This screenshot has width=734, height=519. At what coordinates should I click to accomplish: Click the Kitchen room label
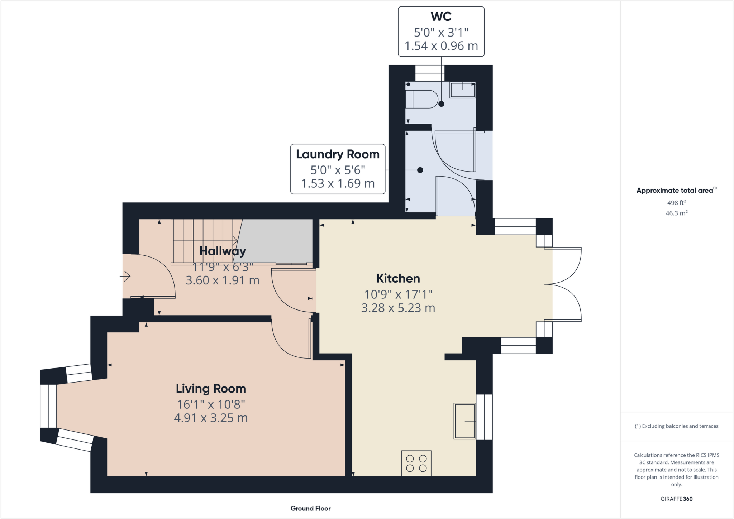[398, 278]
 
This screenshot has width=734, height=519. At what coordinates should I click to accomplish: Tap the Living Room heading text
[211, 389]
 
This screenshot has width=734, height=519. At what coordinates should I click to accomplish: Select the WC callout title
[441, 16]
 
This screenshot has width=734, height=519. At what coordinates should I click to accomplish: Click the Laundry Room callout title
[338, 154]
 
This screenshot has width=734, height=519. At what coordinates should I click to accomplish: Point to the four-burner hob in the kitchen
[416, 463]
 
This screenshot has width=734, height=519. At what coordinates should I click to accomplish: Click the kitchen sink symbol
[464, 421]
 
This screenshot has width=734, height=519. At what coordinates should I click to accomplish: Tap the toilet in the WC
[421, 99]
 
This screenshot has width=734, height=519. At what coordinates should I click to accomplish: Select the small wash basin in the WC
[462, 90]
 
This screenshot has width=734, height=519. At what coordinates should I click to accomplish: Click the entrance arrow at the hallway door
[125, 276]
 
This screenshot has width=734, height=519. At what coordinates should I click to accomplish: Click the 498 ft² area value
[676, 202]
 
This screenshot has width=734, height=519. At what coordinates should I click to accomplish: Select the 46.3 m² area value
[676, 213]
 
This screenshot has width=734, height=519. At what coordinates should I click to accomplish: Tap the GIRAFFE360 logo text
[676, 499]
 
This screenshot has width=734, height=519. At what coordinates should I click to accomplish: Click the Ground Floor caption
[310, 508]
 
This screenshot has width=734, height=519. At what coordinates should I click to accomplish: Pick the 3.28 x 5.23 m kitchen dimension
[398, 308]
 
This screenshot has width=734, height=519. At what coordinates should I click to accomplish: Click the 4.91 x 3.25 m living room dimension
[211, 418]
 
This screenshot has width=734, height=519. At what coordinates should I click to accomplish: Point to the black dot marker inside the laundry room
[420, 170]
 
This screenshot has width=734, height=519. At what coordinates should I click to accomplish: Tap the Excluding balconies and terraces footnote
[676, 426]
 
